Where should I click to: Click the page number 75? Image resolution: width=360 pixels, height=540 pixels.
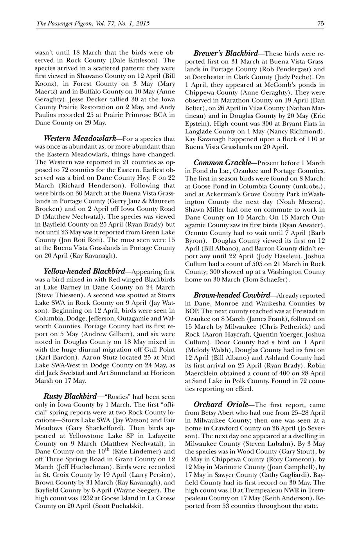[320, 23]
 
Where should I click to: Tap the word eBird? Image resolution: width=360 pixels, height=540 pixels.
[244, 389]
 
